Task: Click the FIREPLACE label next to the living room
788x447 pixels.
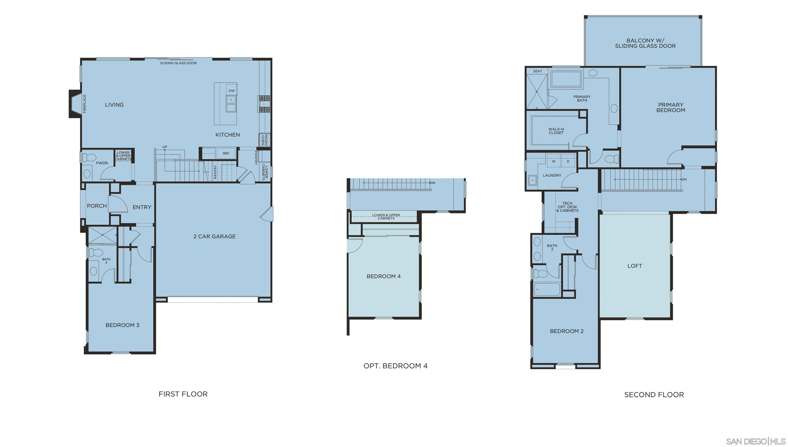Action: [x=85, y=104]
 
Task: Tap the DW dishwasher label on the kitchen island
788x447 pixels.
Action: [x=231, y=91]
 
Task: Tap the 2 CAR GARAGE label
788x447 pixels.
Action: [x=215, y=236]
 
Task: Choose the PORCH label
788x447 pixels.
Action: [x=97, y=206]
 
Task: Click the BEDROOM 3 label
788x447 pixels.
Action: [x=122, y=325]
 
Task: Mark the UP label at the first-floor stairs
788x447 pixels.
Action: [x=165, y=147]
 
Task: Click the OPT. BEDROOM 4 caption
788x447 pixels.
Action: [x=395, y=366]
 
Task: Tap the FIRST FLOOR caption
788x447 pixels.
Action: [x=183, y=394]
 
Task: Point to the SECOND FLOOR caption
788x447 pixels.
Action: [x=654, y=395]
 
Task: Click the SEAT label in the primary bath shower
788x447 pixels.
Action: [x=537, y=71]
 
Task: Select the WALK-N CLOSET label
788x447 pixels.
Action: [x=556, y=131]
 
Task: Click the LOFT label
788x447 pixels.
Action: [x=635, y=266]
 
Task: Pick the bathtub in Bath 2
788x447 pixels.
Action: [x=547, y=289]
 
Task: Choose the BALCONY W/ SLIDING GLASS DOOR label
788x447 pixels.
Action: [x=645, y=43]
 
